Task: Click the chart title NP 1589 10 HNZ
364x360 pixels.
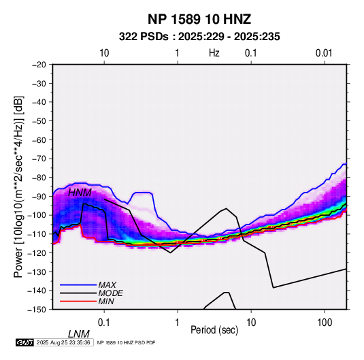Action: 199,19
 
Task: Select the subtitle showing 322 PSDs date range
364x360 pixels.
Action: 199,37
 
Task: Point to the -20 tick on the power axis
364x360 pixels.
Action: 39,65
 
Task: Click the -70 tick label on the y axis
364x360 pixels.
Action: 39,159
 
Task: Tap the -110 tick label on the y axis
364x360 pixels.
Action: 37,234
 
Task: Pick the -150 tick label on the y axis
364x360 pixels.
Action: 37,310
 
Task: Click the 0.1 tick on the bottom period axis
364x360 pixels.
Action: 104,323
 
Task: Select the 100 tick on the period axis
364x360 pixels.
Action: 325,323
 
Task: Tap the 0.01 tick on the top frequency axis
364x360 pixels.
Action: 324,53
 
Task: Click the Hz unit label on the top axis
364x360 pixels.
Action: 214,53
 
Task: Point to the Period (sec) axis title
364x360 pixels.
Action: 214,330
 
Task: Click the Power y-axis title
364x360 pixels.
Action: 18,186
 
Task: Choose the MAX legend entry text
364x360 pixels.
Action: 107,285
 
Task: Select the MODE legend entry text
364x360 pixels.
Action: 110,293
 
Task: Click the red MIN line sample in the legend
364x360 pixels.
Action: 78,301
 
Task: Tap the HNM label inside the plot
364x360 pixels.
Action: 80,193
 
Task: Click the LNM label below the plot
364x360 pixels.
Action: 78,334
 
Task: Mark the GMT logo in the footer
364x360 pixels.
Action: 25,342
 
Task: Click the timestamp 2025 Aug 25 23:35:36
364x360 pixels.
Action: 63,342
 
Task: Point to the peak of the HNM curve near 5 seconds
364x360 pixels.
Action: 226,208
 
